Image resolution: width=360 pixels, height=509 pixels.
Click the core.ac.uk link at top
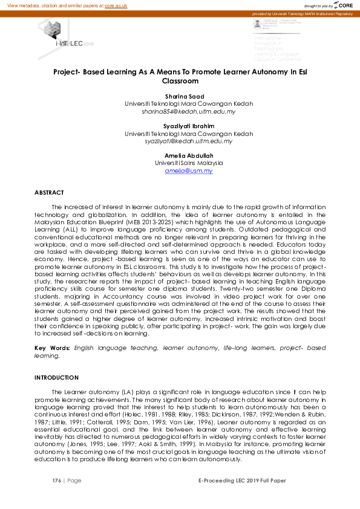(116, 5)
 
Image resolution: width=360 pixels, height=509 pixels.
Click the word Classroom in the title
(180, 80)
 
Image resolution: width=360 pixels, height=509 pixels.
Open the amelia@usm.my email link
(188, 171)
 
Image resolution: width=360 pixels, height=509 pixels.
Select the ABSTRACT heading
(49, 192)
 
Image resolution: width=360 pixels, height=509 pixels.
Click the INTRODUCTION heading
(56, 377)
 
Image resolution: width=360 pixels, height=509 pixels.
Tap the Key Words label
(52, 349)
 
